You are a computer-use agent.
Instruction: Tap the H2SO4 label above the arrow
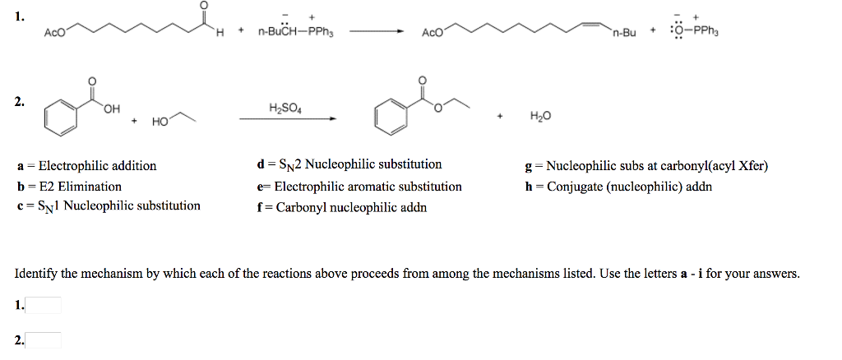(x=285, y=108)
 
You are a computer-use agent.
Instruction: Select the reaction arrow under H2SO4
(x=288, y=119)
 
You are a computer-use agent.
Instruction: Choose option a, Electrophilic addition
(x=86, y=166)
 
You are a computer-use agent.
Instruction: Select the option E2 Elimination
(x=69, y=187)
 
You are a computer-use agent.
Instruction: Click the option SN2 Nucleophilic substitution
(x=349, y=164)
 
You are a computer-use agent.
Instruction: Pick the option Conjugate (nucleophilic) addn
(x=618, y=187)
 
